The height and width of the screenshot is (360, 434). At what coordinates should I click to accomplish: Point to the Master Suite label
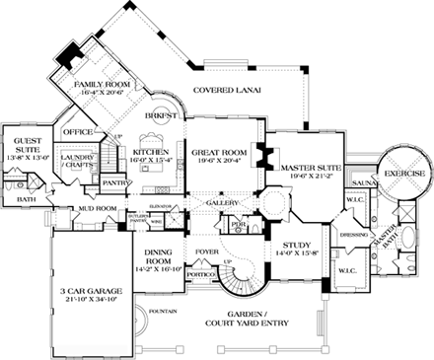click(x=311, y=169)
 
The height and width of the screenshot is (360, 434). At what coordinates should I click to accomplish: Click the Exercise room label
click(x=404, y=173)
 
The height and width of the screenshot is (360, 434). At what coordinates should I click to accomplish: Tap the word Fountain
click(x=163, y=313)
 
